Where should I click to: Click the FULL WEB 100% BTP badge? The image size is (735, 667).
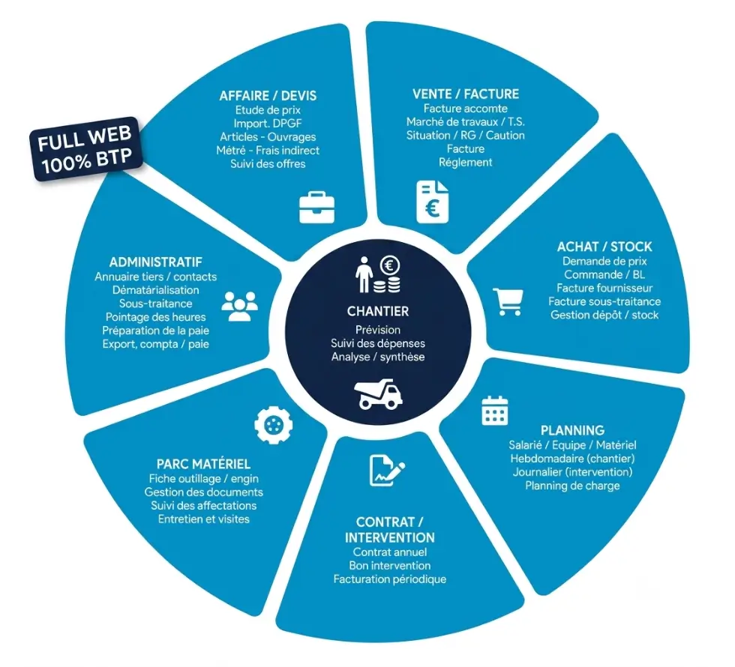[x=87, y=149]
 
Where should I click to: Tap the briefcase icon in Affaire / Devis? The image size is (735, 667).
[x=316, y=207]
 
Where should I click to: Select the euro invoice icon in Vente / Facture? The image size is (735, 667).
[x=432, y=202]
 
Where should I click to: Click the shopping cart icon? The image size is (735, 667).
[x=508, y=301]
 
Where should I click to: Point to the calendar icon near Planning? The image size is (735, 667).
[x=495, y=411]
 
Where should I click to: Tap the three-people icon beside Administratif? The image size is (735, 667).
[x=239, y=307]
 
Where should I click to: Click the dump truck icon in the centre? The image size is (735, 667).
[x=378, y=394]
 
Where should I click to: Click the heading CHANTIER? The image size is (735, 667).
[x=378, y=311]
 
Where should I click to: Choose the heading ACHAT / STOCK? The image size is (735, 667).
[x=604, y=247]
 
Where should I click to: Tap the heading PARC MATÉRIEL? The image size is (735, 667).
[x=203, y=464]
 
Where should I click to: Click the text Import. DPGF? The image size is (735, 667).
[x=268, y=124]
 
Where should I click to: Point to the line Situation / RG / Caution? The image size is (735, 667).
[x=466, y=136]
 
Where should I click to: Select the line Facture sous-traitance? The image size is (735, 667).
[x=604, y=301]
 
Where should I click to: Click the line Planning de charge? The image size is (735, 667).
[x=572, y=486]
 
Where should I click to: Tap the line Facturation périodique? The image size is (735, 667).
[x=390, y=579]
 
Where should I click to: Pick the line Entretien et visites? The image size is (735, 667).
[x=204, y=519]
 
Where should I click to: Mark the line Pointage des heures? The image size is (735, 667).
[x=156, y=317]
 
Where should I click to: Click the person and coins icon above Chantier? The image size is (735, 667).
[x=378, y=274]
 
